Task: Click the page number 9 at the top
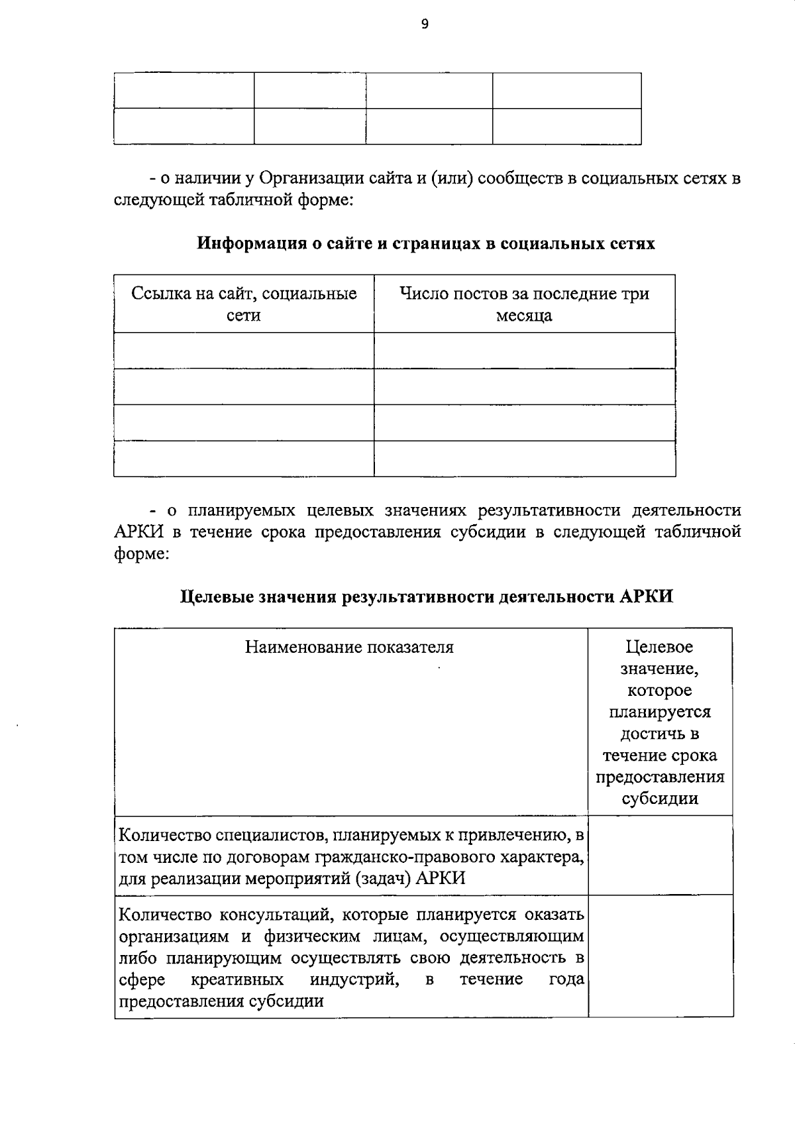pyautogui.click(x=425, y=25)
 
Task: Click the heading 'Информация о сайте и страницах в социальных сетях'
pyautogui.click(x=426, y=243)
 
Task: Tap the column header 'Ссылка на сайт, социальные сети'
pyautogui.click(x=244, y=304)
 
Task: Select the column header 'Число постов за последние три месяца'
pyautogui.click(x=524, y=304)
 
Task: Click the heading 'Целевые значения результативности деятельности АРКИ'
pyautogui.click(x=427, y=596)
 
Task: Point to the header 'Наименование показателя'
pyautogui.click(x=349, y=646)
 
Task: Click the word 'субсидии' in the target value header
pyautogui.click(x=660, y=798)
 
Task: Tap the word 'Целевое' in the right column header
pyautogui.click(x=659, y=646)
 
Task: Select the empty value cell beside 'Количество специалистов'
pyautogui.click(x=660, y=855)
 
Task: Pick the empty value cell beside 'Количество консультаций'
pyautogui.click(x=660, y=955)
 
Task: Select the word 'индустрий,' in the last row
pyautogui.click(x=354, y=979)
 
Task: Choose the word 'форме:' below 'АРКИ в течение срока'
pyautogui.click(x=142, y=553)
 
